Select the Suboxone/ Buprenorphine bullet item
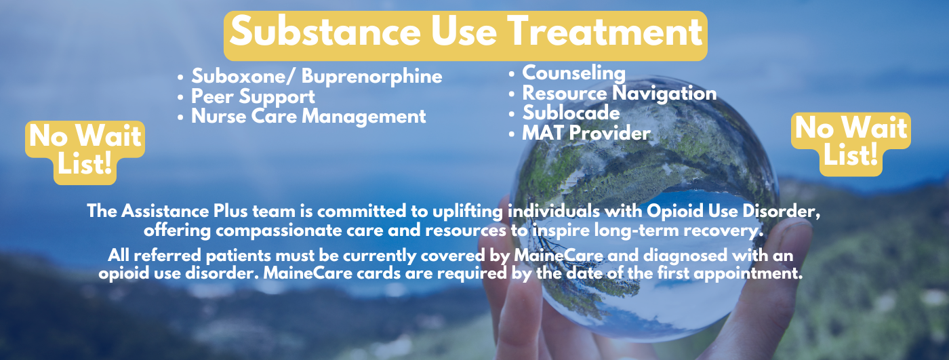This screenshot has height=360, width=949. [x=317, y=77]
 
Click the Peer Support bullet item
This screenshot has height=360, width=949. [x=253, y=97]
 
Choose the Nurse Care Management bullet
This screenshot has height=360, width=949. [x=308, y=117]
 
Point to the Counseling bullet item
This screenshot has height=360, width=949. [x=573, y=73]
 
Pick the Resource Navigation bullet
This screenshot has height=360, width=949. [x=619, y=93]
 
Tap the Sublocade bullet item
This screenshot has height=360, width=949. [x=571, y=113]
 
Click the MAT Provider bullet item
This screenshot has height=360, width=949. [x=586, y=133]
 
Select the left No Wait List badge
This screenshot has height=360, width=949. [x=85, y=151]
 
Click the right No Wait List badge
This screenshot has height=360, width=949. [x=851, y=143]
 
